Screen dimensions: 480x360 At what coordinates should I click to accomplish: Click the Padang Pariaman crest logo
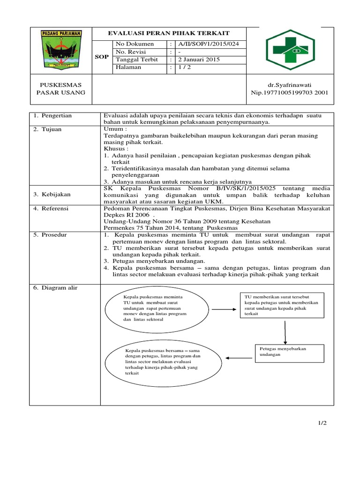click(x=61, y=50)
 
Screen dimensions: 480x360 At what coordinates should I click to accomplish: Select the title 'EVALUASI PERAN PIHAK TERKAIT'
click(x=169, y=33)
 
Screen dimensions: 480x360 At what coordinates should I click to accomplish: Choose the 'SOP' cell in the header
click(x=102, y=56)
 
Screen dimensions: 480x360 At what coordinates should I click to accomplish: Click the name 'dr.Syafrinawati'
click(x=289, y=85)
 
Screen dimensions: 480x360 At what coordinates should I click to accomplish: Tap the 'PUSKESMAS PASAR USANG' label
click(x=61, y=89)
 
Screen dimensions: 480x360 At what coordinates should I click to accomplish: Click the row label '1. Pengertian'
click(x=52, y=115)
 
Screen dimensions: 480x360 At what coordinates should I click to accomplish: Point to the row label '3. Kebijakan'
click(x=51, y=194)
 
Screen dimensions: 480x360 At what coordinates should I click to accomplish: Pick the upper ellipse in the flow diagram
click(x=157, y=309)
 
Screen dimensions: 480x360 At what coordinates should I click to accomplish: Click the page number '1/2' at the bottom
click(x=322, y=423)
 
